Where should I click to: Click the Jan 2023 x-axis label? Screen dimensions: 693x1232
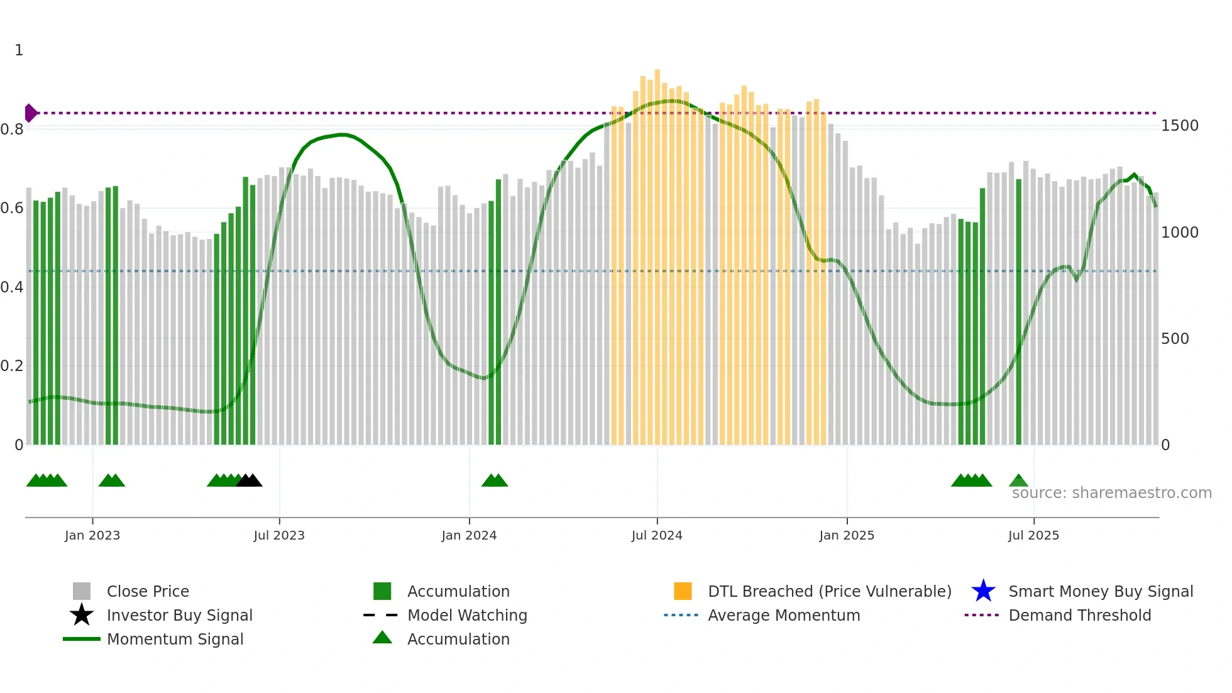[x=92, y=535]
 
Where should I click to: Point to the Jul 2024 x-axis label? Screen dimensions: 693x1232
[x=657, y=535]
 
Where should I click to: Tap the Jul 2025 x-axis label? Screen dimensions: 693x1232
[x=1033, y=535]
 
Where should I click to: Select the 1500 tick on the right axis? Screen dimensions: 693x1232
[x=1179, y=126]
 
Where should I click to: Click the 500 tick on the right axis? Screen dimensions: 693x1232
[x=1175, y=339]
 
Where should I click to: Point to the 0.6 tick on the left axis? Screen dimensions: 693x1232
[x=12, y=208]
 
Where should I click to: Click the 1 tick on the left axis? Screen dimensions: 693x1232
[x=19, y=50]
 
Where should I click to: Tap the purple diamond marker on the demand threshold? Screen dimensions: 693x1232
[x=30, y=113]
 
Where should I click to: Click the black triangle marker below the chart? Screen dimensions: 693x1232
[x=250, y=480]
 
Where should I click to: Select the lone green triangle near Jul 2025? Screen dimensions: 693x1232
[x=1018, y=481]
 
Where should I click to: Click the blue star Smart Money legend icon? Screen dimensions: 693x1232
[x=983, y=591]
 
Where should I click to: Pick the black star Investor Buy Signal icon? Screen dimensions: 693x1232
[x=82, y=615]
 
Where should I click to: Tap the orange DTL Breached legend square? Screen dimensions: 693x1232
[x=683, y=591]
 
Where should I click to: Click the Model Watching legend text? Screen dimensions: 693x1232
[x=467, y=615]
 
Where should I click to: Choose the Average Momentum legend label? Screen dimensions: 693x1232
[x=784, y=615]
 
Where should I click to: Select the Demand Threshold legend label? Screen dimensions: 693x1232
[x=1079, y=615]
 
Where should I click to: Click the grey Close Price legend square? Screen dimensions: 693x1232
[x=82, y=591]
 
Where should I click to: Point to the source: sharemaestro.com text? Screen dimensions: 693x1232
[x=1111, y=493]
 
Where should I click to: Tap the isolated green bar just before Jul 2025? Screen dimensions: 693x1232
[x=1018, y=314]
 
